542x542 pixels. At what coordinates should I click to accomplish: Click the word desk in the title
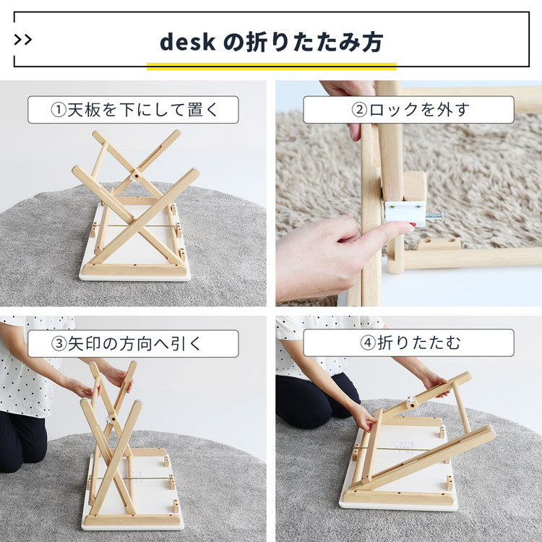[187, 42]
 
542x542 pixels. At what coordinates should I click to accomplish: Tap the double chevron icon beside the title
[23, 39]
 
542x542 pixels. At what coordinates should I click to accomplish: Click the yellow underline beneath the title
[271, 66]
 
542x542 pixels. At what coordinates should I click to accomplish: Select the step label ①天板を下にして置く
[133, 110]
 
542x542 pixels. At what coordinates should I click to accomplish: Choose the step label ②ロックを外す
[408, 110]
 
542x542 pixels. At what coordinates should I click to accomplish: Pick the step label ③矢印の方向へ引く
[133, 343]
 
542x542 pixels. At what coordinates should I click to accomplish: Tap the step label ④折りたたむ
[408, 343]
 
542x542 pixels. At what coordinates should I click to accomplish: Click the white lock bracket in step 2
[403, 211]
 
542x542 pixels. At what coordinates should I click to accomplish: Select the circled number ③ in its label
[59, 344]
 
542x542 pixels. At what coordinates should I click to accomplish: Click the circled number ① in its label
[59, 111]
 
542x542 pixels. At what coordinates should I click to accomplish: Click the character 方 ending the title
[371, 42]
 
